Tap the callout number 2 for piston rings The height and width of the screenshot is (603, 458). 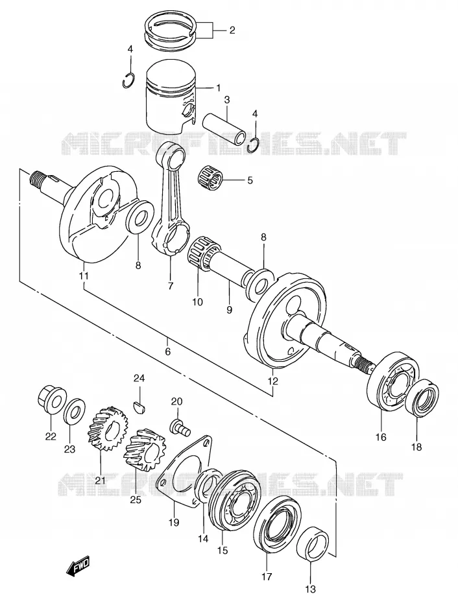pos(232,30)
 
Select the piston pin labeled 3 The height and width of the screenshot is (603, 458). pos(224,128)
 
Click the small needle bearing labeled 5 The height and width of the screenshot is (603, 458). pos(210,177)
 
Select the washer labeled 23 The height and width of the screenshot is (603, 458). pos(75,410)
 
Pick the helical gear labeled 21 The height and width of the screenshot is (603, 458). pos(105,429)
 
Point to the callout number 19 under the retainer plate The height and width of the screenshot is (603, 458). pos(174,522)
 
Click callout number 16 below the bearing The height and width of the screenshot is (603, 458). pos(381,437)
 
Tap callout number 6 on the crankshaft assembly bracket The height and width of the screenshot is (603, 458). pos(167,351)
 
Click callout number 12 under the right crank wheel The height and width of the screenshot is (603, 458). pos(272,381)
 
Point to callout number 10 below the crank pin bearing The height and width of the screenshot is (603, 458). pos(197,301)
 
